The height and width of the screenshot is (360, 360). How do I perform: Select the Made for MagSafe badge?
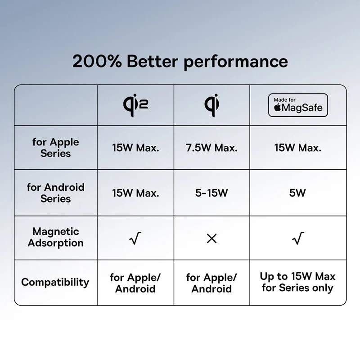tap(298, 105)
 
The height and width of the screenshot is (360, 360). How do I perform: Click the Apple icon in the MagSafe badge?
tap(278, 108)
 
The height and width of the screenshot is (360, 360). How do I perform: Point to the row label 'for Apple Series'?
tap(55, 148)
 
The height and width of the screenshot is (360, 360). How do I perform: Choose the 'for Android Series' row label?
tap(55, 193)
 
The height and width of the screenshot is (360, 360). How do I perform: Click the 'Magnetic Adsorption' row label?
tap(55, 237)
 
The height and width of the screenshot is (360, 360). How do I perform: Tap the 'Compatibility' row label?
tap(55, 282)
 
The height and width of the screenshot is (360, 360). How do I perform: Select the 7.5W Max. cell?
tap(211, 148)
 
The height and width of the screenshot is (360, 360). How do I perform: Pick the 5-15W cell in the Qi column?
tap(211, 193)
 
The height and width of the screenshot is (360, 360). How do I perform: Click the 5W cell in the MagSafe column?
tap(297, 193)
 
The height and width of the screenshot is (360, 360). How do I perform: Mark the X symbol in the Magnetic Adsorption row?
tap(211, 238)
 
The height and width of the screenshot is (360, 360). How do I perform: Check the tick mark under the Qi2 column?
tap(135, 238)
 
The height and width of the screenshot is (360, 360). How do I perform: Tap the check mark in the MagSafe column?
tap(298, 238)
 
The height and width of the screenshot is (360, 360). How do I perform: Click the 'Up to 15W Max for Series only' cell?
tap(297, 282)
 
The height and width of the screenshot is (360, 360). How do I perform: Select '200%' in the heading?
tap(97, 61)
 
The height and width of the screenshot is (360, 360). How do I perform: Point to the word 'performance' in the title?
tap(236, 62)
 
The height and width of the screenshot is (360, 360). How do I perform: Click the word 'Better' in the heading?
tap(153, 61)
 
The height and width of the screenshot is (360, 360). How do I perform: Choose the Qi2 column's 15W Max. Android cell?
tap(135, 193)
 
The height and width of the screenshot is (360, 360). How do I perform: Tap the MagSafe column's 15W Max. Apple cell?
tap(298, 148)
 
